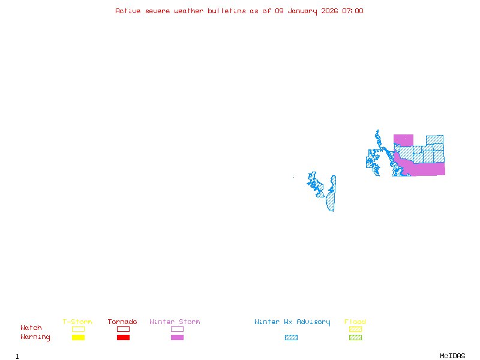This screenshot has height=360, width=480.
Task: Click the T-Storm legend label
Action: click(x=77, y=322)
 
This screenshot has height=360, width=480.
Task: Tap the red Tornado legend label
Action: click(x=122, y=322)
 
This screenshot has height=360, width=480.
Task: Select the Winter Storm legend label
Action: click(x=175, y=322)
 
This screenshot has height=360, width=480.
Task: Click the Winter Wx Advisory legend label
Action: click(x=292, y=322)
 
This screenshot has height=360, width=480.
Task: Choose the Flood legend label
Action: click(x=355, y=322)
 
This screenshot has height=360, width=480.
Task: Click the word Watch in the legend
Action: click(x=31, y=328)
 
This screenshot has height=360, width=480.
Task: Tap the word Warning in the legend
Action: click(x=35, y=337)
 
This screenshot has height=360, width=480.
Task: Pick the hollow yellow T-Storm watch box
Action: click(x=78, y=329)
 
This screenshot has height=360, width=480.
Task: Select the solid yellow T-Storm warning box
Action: click(x=78, y=337)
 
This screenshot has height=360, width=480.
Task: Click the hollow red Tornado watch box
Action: click(x=123, y=329)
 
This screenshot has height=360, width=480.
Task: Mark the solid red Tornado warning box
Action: click(x=123, y=337)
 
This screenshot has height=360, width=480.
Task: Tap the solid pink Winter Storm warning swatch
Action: click(x=177, y=337)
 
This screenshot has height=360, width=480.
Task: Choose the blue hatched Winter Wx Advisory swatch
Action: click(x=291, y=337)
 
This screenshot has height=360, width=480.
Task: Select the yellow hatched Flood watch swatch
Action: click(x=355, y=329)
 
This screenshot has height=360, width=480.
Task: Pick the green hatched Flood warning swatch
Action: click(x=355, y=337)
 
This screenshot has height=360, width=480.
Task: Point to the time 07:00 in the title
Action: click(x=353, y=11)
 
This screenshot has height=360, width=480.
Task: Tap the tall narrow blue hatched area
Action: click(x=331, y=195)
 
